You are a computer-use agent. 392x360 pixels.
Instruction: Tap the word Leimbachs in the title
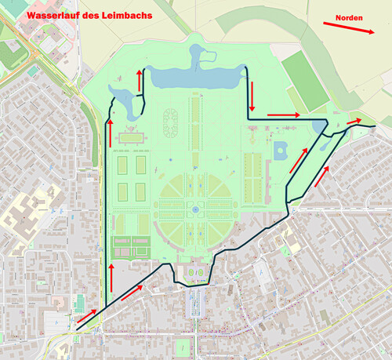127,16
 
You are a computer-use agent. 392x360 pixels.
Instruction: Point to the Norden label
349,17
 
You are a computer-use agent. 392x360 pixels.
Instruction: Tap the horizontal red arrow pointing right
284,115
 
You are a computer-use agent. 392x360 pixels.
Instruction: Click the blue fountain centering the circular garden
194,210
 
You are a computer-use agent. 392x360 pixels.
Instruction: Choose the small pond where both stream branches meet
319,125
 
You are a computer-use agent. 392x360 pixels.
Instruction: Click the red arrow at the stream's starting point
86,315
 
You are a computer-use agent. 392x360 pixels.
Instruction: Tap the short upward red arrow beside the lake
140,79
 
